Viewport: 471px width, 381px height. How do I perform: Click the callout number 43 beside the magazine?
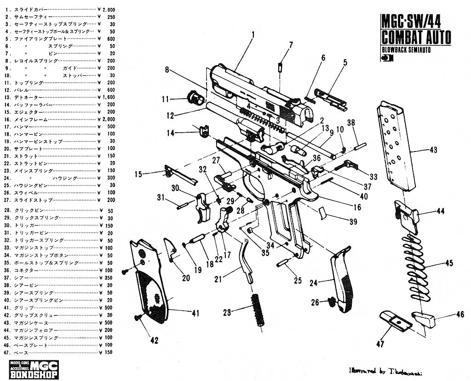point(433,150)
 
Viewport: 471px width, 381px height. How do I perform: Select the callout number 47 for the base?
point(380,343)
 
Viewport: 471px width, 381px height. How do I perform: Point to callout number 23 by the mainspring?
point(227,313)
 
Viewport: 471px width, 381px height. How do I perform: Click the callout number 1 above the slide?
point(253,34)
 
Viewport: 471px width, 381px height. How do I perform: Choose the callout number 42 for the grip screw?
point(154,340)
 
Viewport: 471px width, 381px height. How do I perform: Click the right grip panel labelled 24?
point(341,280)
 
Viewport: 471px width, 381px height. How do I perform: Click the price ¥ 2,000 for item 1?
point(107,9)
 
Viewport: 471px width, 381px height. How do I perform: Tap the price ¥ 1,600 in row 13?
point(107,98)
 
